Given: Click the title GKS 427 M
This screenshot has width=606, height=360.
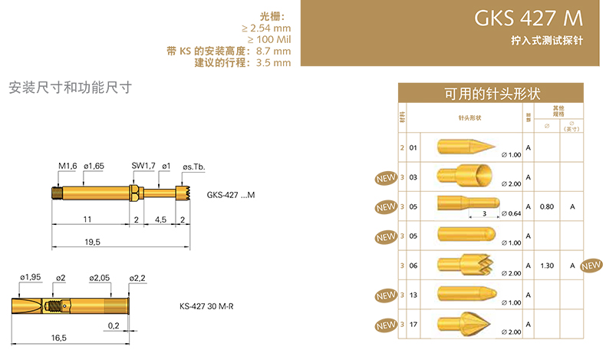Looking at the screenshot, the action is click(x=529, y=18).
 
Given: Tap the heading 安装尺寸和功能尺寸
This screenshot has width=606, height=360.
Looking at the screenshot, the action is click(x=71, y=88).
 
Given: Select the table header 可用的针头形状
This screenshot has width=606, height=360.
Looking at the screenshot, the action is click(x=492, y=94).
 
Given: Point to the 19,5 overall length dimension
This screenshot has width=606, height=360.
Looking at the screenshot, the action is click(x=92, y=242).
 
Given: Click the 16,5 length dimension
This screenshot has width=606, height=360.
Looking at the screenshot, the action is click(x=58, y=337).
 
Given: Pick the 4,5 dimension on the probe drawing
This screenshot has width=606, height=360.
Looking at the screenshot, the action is click(x=160, y=220).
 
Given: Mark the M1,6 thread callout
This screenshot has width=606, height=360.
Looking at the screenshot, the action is click(x=67, y=166).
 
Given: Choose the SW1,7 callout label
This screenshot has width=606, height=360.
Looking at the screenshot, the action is click(x=143, y=166).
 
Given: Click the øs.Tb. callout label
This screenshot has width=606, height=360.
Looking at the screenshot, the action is click(x=193, y=167).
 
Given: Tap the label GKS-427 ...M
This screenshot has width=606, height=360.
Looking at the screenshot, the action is click(x=230, y=196).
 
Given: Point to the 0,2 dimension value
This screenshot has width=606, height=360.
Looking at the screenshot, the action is click(x=114, y=325).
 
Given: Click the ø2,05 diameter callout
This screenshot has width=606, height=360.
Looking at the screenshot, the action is click(x=100, y=277).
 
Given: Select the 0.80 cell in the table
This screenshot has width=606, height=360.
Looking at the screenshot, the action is click(x=546, y=206).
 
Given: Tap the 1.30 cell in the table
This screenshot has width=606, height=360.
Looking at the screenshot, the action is click(x=546, y=266).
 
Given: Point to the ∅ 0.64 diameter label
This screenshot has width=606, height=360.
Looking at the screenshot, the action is click(x=510, y=214).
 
